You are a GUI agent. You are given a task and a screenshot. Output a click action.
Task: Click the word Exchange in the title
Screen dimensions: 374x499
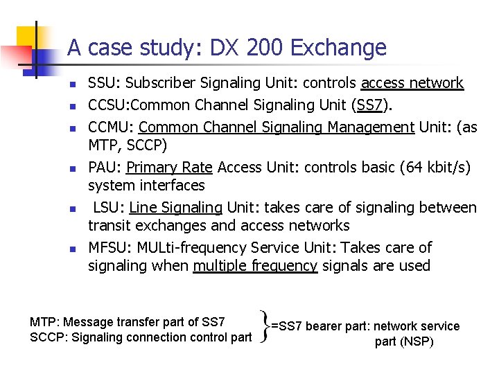point(338,48)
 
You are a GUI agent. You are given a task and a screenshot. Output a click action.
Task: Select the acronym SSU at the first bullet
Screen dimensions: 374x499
point(101,84)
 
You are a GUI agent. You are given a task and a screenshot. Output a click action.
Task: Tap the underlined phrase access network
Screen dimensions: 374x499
point(412,84)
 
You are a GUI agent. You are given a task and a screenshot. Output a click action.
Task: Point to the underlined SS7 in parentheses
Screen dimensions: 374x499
point(366,105)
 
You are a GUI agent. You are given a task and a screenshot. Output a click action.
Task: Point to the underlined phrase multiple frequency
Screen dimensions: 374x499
point(255,266)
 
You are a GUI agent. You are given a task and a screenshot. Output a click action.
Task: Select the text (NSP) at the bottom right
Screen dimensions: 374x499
point(417,341)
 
